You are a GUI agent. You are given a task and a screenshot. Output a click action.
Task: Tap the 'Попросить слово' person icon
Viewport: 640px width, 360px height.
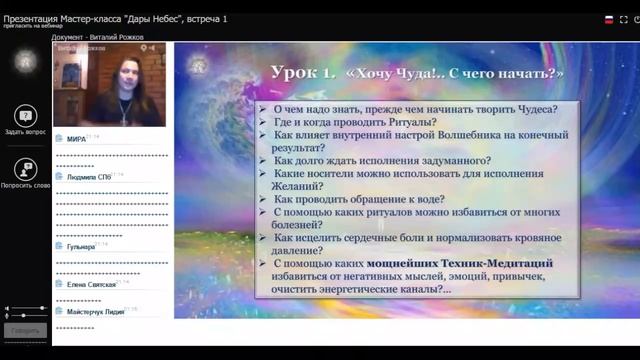[25, 170]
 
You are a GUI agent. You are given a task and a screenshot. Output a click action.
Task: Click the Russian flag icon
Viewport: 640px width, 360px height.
[609, 19]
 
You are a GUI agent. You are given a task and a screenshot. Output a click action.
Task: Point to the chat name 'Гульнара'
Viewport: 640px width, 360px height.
[73, 246]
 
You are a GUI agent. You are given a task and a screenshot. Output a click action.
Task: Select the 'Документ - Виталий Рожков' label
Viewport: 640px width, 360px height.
[98, 37]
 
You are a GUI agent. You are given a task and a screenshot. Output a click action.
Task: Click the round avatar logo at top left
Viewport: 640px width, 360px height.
[25, 61]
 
